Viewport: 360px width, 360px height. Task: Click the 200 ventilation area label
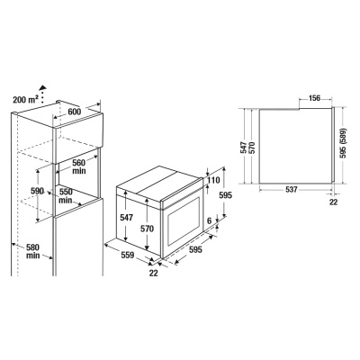pyautogui.click(x=27, y=98)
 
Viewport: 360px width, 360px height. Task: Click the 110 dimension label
pyautogui.click(x=212, y=181)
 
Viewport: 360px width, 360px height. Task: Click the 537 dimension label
pyautogui.click(x=294, y=202)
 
